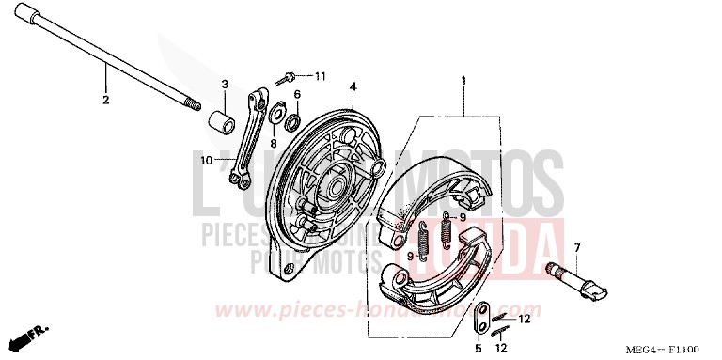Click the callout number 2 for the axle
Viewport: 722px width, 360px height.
105,99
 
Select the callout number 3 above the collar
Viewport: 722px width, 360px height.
225,86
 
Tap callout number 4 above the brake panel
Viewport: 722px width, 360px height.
353,86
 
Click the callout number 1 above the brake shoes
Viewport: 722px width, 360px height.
463,81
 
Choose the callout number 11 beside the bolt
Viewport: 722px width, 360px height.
320,75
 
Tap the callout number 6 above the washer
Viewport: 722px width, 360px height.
297,95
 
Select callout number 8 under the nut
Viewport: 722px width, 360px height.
274,144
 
